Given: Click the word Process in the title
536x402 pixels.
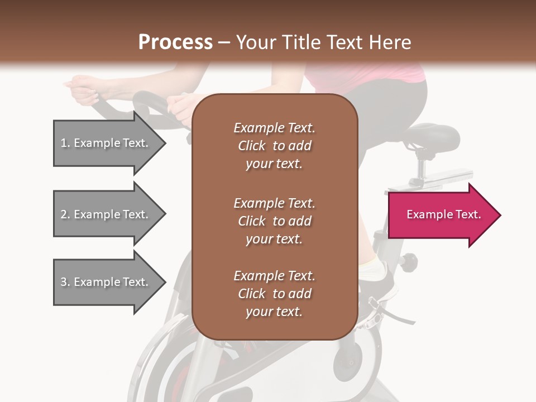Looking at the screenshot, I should tap(175, 42).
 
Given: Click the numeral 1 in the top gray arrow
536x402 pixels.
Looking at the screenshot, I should tap(64, 143).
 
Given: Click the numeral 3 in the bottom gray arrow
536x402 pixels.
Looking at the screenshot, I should tap(64, 282).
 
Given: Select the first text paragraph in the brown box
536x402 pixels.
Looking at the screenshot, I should tap(274, 146).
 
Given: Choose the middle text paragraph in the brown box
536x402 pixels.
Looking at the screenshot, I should tap(274, 221).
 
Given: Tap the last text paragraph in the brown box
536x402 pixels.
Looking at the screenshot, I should tap(274, 294).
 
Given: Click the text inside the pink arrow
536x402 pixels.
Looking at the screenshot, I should tap(443, 214).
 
